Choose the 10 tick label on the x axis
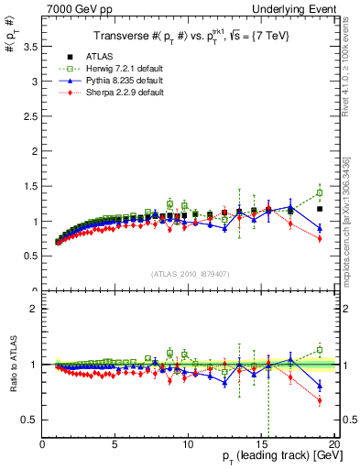(188, 444)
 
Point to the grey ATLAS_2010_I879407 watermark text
(189, 274)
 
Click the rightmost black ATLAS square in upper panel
(320, 209)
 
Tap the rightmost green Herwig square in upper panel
(320, 193)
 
